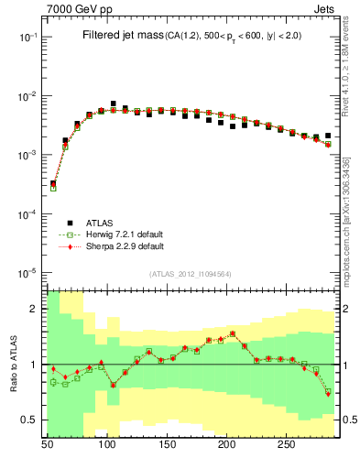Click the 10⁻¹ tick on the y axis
[28, 38]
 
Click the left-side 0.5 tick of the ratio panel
[30, 420]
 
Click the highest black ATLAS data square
[114, 104]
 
